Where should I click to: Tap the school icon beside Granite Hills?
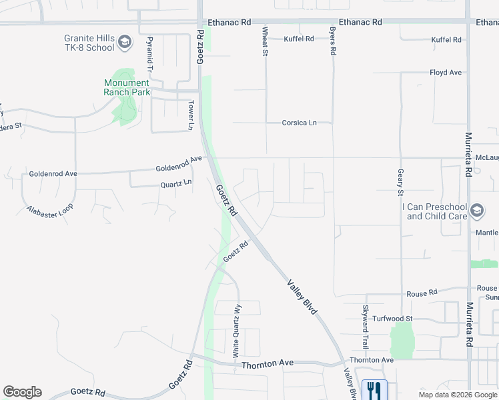coord(124,43)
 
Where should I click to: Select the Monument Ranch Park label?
coord(127,87)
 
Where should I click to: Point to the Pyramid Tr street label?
coord(150,55)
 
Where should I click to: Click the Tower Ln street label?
coord(190,115)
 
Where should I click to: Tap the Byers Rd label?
coord(332,41)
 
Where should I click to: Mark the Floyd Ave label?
coord(446,72)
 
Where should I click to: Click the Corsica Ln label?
coord(298,123)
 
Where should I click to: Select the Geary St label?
coord(401,182)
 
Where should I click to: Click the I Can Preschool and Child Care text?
coord(434,212)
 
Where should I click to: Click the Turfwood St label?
coord(393,319)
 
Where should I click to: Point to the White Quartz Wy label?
coord(235,331)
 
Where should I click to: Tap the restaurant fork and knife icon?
coord(374,389)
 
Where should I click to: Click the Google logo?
coord(22,392)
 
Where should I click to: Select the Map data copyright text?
coord(458,394)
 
